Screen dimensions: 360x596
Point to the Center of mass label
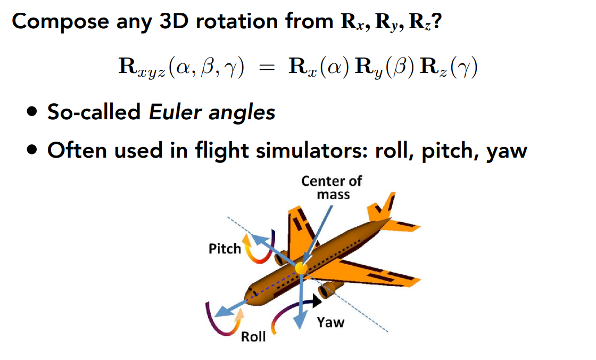pyautogui.click(x=331, y=187)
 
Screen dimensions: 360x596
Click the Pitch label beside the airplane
pyautogui.click(x=225, y=248)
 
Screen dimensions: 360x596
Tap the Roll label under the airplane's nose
pyautogui.click(x=253, y=337)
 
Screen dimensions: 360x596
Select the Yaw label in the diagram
pyautogui.click(x=330, y=322)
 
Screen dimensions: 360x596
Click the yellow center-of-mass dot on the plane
pyautogui.click(x=301, y=267)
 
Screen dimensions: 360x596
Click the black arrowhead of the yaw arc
pyautogui.click(x=317, y=301)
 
